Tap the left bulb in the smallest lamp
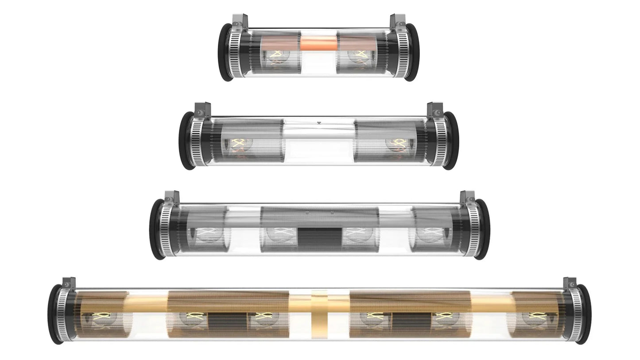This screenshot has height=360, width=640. pyautogui.click(x=276, y=56)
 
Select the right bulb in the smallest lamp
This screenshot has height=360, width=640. pyautogui.click(x=359, y=56)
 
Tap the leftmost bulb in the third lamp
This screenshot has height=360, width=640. pyautogui.click(x=207, y=234)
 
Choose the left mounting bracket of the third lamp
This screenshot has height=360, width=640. pyautogui.click(x=171, y=198)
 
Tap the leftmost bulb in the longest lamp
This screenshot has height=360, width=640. pyautogui.click(x=103, y=318)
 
